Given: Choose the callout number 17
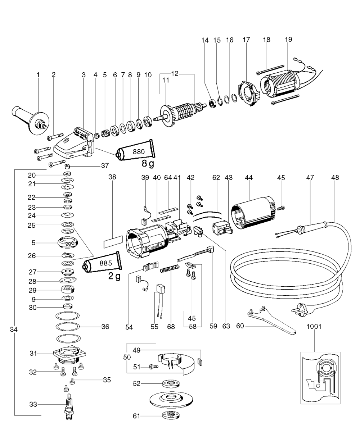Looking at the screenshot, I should tap(246, 40).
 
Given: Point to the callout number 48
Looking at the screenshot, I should tap(336, 177).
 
